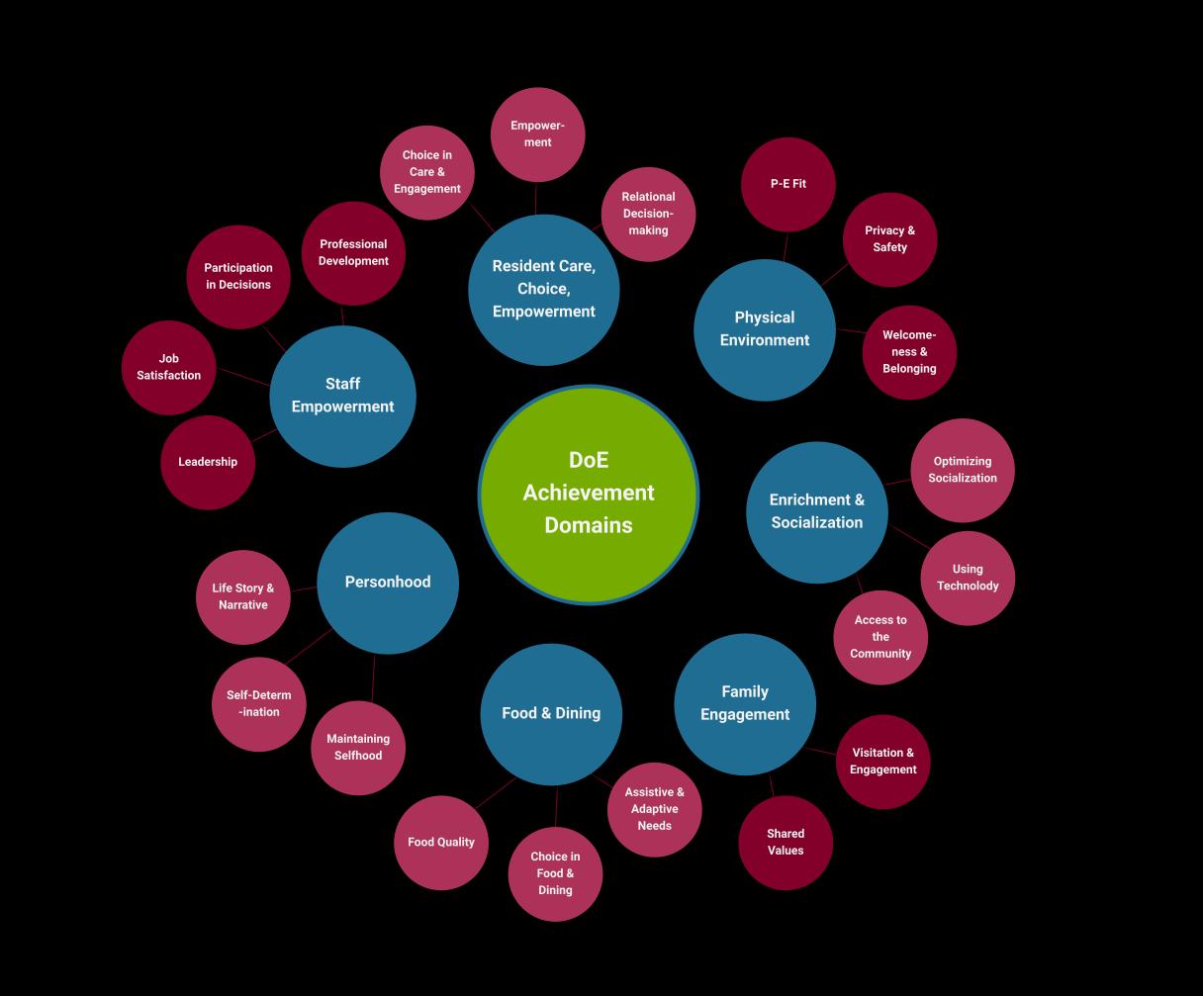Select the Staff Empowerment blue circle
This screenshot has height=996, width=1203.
[x=342, y=396]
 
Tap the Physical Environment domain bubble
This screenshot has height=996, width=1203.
[x=764, y=329]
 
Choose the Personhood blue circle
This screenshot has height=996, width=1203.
[x=388, y=583]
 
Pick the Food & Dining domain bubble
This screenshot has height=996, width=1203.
[x=551, y=713]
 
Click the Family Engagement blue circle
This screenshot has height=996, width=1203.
[x=745, y=703]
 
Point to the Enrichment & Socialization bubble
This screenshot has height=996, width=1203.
[x=817, y=511]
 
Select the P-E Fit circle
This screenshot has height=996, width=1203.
[x=788, y=184]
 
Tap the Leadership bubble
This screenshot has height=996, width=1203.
[x=208, y=462]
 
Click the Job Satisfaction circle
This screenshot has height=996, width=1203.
[x=168, y=367]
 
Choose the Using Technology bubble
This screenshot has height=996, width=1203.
[x=968, y=578]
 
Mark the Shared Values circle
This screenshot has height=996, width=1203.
[x=786, y=843]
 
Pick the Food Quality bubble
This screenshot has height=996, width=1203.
[x=441, y=843]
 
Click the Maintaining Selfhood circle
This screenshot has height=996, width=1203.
[x=358, y=748]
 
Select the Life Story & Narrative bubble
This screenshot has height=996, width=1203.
[x=242, y=596]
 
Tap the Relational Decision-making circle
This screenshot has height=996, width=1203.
[x=648, y=214]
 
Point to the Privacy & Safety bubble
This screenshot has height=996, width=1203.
[x=889, y=239]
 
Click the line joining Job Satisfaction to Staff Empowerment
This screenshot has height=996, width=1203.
[x=242, y=377]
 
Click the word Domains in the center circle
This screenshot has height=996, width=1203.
[x=589, y=525]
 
